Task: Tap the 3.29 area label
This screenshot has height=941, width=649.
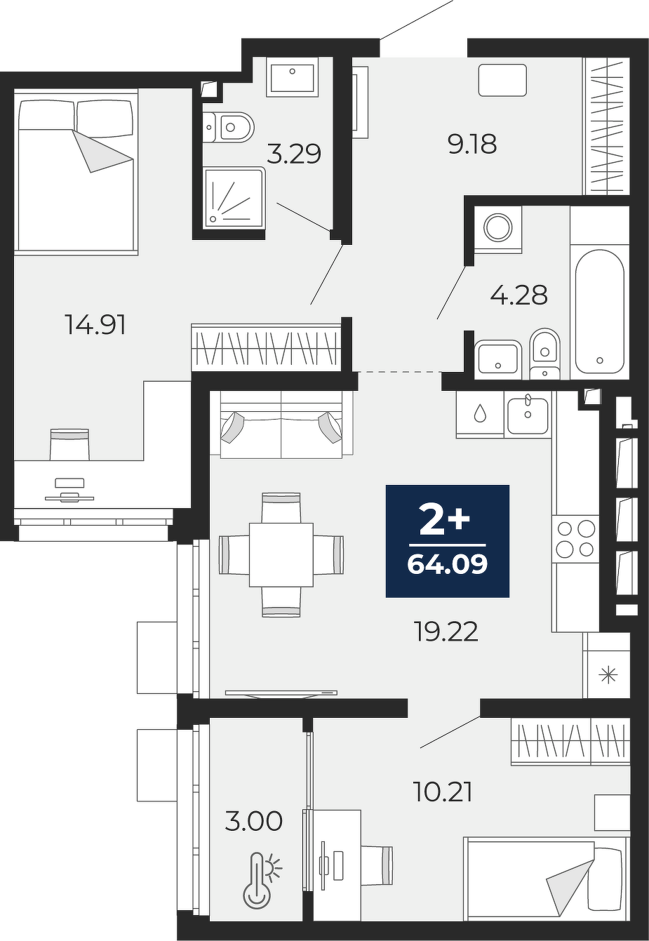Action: [x=294, y=154]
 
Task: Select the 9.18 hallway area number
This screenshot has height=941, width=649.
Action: [x=473, y=144]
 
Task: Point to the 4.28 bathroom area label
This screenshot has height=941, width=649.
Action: [x=518, y=295]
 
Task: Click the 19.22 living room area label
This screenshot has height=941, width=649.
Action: [x=446, y=632]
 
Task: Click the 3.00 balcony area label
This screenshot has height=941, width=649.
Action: [x=254, y=821]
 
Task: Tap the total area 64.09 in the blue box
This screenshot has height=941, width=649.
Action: [x=448, y=563]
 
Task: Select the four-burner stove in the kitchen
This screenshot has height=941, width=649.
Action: [x=575, y=539]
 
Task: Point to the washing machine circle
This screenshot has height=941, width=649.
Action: [x=498, y=227]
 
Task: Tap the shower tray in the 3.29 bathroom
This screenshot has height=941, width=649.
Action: [x=234, y=198]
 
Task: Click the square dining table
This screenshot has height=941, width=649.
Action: [x=281, y=554]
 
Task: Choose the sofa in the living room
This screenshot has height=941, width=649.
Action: [x=281, y=425]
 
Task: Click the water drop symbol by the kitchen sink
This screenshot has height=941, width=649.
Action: [x=479, y=413]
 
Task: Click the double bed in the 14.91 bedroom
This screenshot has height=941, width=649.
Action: [x=76, y=172]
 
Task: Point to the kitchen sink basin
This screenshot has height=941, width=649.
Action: [x=528, y=415]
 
